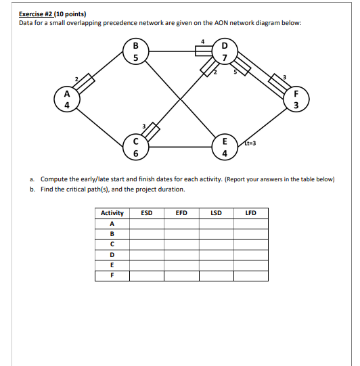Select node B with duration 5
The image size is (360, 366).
[x=135, y=52]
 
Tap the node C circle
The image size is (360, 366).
[x=135, y=148]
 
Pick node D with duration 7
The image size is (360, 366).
[x=224, y=52]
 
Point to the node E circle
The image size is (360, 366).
[x=224, y=148]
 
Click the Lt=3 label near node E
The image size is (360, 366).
[x=250, y=143]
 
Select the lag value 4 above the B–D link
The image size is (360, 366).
[x=203, y=42]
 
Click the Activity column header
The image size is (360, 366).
[x=112, y=213]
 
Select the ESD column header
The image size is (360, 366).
[x=146, y=213]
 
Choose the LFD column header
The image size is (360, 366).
[x=250, y=213]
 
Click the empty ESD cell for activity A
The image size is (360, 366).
[x=146, y=223]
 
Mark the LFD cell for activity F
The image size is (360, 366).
[x=250, y=275]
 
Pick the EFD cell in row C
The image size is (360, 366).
[x=181, y=244]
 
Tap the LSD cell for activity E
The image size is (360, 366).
[x=216, y=265]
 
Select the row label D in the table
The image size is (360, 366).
[x=112, y=255]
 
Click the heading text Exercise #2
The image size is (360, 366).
[x=38, y=14]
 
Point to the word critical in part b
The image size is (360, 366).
[x=78, y=189]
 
